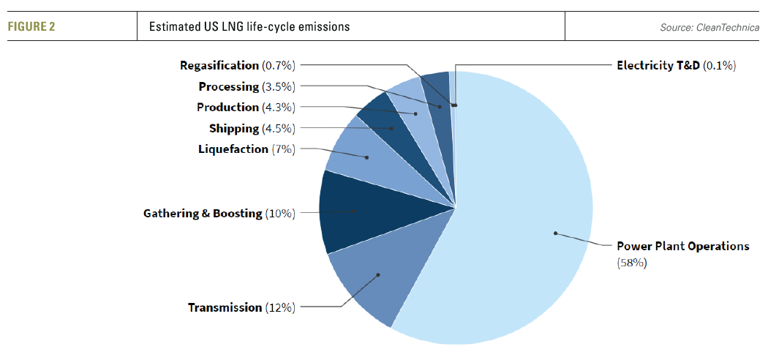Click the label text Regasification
219,66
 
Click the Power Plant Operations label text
682,246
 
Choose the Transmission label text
225,307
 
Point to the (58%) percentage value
633,263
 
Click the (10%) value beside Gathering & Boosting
280,214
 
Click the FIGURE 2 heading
32,27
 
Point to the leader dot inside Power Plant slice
555,233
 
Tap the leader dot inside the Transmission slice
378,275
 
